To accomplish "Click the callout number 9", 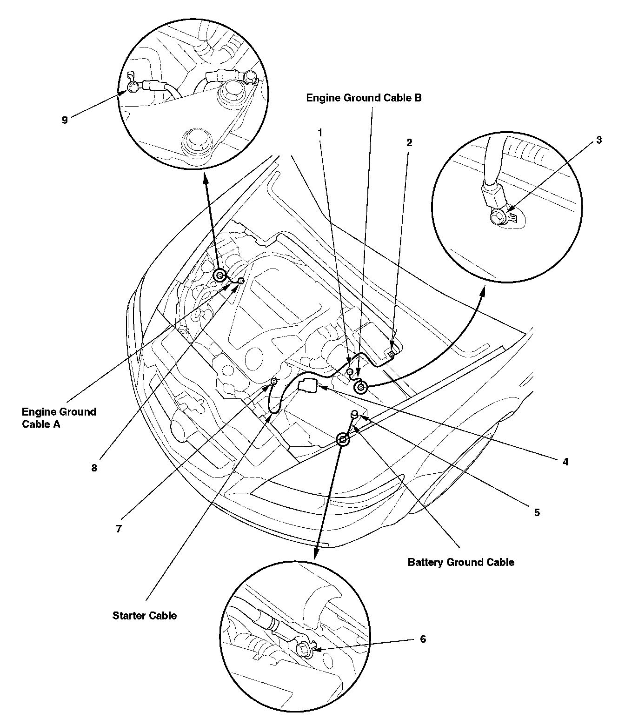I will click(x=65, y=120).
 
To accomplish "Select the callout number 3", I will click(x=599, y=140).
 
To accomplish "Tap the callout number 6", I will click(x=423, y=639).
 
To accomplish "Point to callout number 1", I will click(x=320, y=133).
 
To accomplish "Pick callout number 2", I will click(x=409, y=142).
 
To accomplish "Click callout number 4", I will click(x=565, y=462).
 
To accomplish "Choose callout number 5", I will click(x=537, y=512).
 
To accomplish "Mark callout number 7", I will click(x=119, y=529).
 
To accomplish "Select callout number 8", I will click(x=94, y=468).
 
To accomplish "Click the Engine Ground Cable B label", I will click(x=364, y=98).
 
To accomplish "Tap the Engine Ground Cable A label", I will click(x=59, y=417).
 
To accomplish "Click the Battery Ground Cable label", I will click(x=461, y=562).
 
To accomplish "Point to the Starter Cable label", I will click(x=145, y=616).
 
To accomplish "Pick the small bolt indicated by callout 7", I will click(x=274, y=382).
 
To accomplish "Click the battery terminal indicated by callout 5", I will click(x=354, y=414).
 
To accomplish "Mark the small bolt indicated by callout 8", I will click(x=241, y=280).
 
